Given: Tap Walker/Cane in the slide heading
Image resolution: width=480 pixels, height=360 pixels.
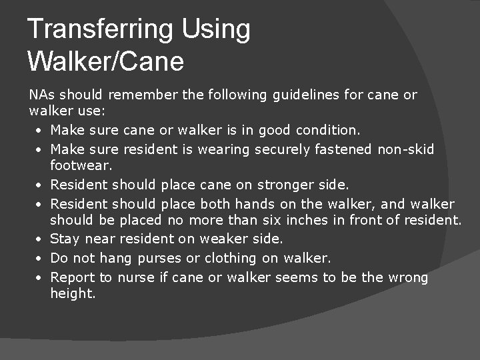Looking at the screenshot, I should point(105,61).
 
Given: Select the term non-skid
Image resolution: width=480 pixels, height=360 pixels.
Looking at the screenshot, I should point(406,149).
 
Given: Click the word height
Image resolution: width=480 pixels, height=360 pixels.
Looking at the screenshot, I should point(71,293).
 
